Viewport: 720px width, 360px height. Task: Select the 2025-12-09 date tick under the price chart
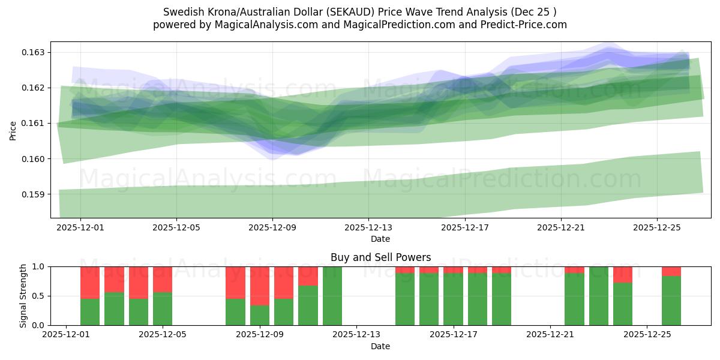click(272, 228)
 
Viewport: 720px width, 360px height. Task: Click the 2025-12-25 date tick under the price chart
click(656, 228)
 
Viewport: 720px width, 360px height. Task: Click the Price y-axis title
click(13, 130)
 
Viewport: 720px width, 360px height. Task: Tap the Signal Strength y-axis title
click(23, 296)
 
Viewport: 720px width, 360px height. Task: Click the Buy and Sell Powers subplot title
click(380, 257)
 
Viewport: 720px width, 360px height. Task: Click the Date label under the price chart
click(380, 239)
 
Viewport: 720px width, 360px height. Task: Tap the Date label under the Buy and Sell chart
click(380, 346)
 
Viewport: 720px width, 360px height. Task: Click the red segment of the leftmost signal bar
click(90, 282)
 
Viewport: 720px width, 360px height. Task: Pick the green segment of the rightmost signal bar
click(671, 301)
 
